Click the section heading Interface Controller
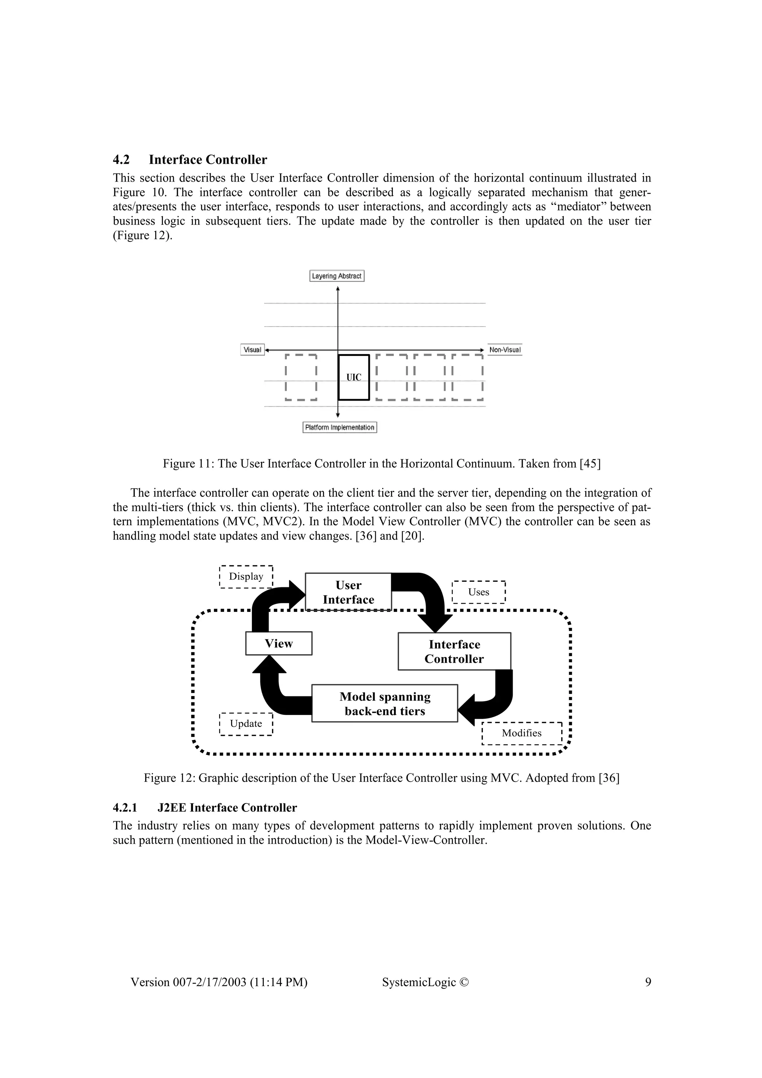pos(208,160)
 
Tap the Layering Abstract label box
pos(337,276)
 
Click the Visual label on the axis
pos(253,350)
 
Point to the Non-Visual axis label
pos(505,350)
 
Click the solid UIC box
pos(353,378)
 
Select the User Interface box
pos(348,592)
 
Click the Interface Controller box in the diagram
pos(454,652)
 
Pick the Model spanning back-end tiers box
pos(384,704)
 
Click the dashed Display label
pos(246,577)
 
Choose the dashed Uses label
pos(478,592)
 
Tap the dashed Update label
pos(246,724)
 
